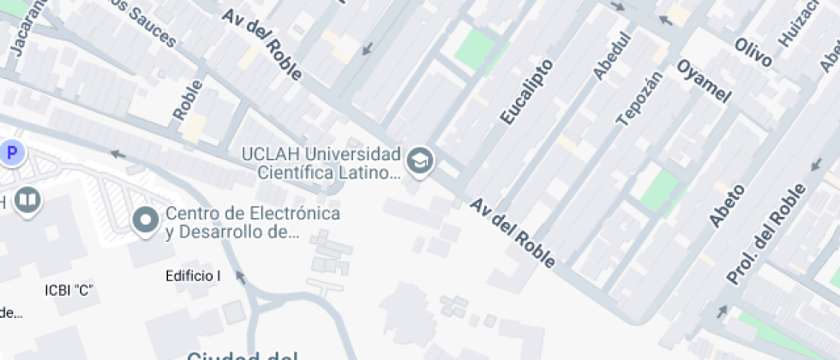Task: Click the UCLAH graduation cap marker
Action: click(x=420, y=160)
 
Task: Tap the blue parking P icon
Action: click(x=12, y=154)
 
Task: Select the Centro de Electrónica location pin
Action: click(x=145, y=220)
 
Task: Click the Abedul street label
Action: click(x=611, y=56)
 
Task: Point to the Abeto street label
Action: click(x=726, y=205)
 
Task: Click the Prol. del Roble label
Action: click(x=765, y=234)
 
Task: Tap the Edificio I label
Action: click(x=193, y=276)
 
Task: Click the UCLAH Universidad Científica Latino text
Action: click(x=321, y=164)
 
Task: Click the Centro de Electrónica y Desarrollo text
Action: click(x=253, y=222)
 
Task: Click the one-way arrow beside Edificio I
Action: click(x=241, y=277)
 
